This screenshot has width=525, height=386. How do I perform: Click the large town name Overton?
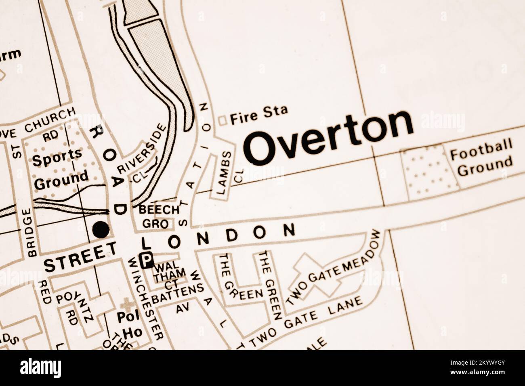coord(329,137)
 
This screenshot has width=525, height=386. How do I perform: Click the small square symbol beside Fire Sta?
coord(222,120)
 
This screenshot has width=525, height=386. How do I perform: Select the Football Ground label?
coord(481,157)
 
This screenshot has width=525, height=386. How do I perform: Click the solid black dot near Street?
coord(101,230)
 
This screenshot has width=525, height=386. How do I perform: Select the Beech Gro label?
coord(157,216)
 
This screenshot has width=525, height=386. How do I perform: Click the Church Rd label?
coord(50,121)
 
